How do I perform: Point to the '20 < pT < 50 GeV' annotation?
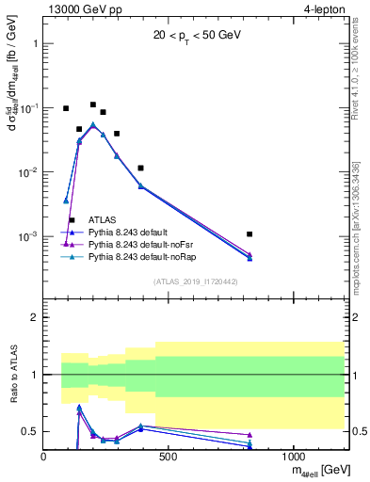(195, 38)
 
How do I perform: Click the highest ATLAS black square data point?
(93, 104)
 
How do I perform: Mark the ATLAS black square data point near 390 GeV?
(140, 168)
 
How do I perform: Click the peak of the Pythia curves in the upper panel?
(92, 124)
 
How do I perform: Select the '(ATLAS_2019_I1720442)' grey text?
(195, 281)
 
